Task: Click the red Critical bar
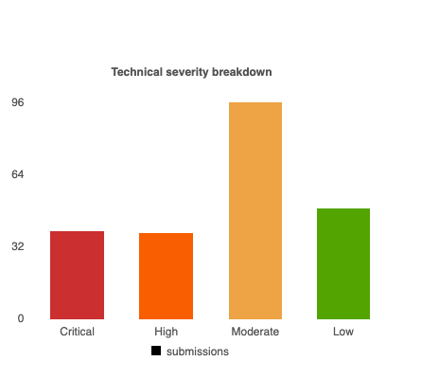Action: (77, 275)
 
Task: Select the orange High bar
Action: (166, 276)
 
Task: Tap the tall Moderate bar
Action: (255, 210)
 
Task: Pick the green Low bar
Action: (343, 263)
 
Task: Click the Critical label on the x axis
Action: (78, 332)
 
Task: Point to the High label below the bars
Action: (167, 332)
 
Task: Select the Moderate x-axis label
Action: (255, 332)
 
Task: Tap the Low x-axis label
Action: (343, 332)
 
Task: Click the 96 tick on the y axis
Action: (18, 102)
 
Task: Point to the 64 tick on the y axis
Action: (18, 174)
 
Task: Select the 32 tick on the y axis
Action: (18, 246)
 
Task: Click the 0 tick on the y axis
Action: (21, 318)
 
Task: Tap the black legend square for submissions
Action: (156, 351)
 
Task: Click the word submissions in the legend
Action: (198, 352)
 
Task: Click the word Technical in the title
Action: (137, 72)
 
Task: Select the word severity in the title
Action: (187, 72)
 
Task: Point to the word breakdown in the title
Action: (242, 72)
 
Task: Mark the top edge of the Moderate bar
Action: (255, 102)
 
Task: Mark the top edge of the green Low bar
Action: (343, 208)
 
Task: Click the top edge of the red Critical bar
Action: (77, 231)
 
